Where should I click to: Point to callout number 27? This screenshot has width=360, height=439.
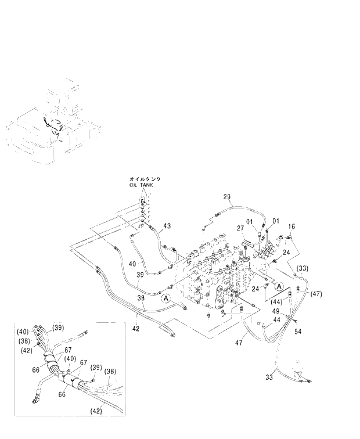[x=239, y=229]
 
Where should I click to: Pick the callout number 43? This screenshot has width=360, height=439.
[x=167, y=225]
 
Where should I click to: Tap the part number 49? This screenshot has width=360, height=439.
[x=292, y=311]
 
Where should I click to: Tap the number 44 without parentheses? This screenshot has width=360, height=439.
[x=276, y=319]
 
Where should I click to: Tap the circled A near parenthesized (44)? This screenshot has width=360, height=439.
[x=279, y=286]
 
